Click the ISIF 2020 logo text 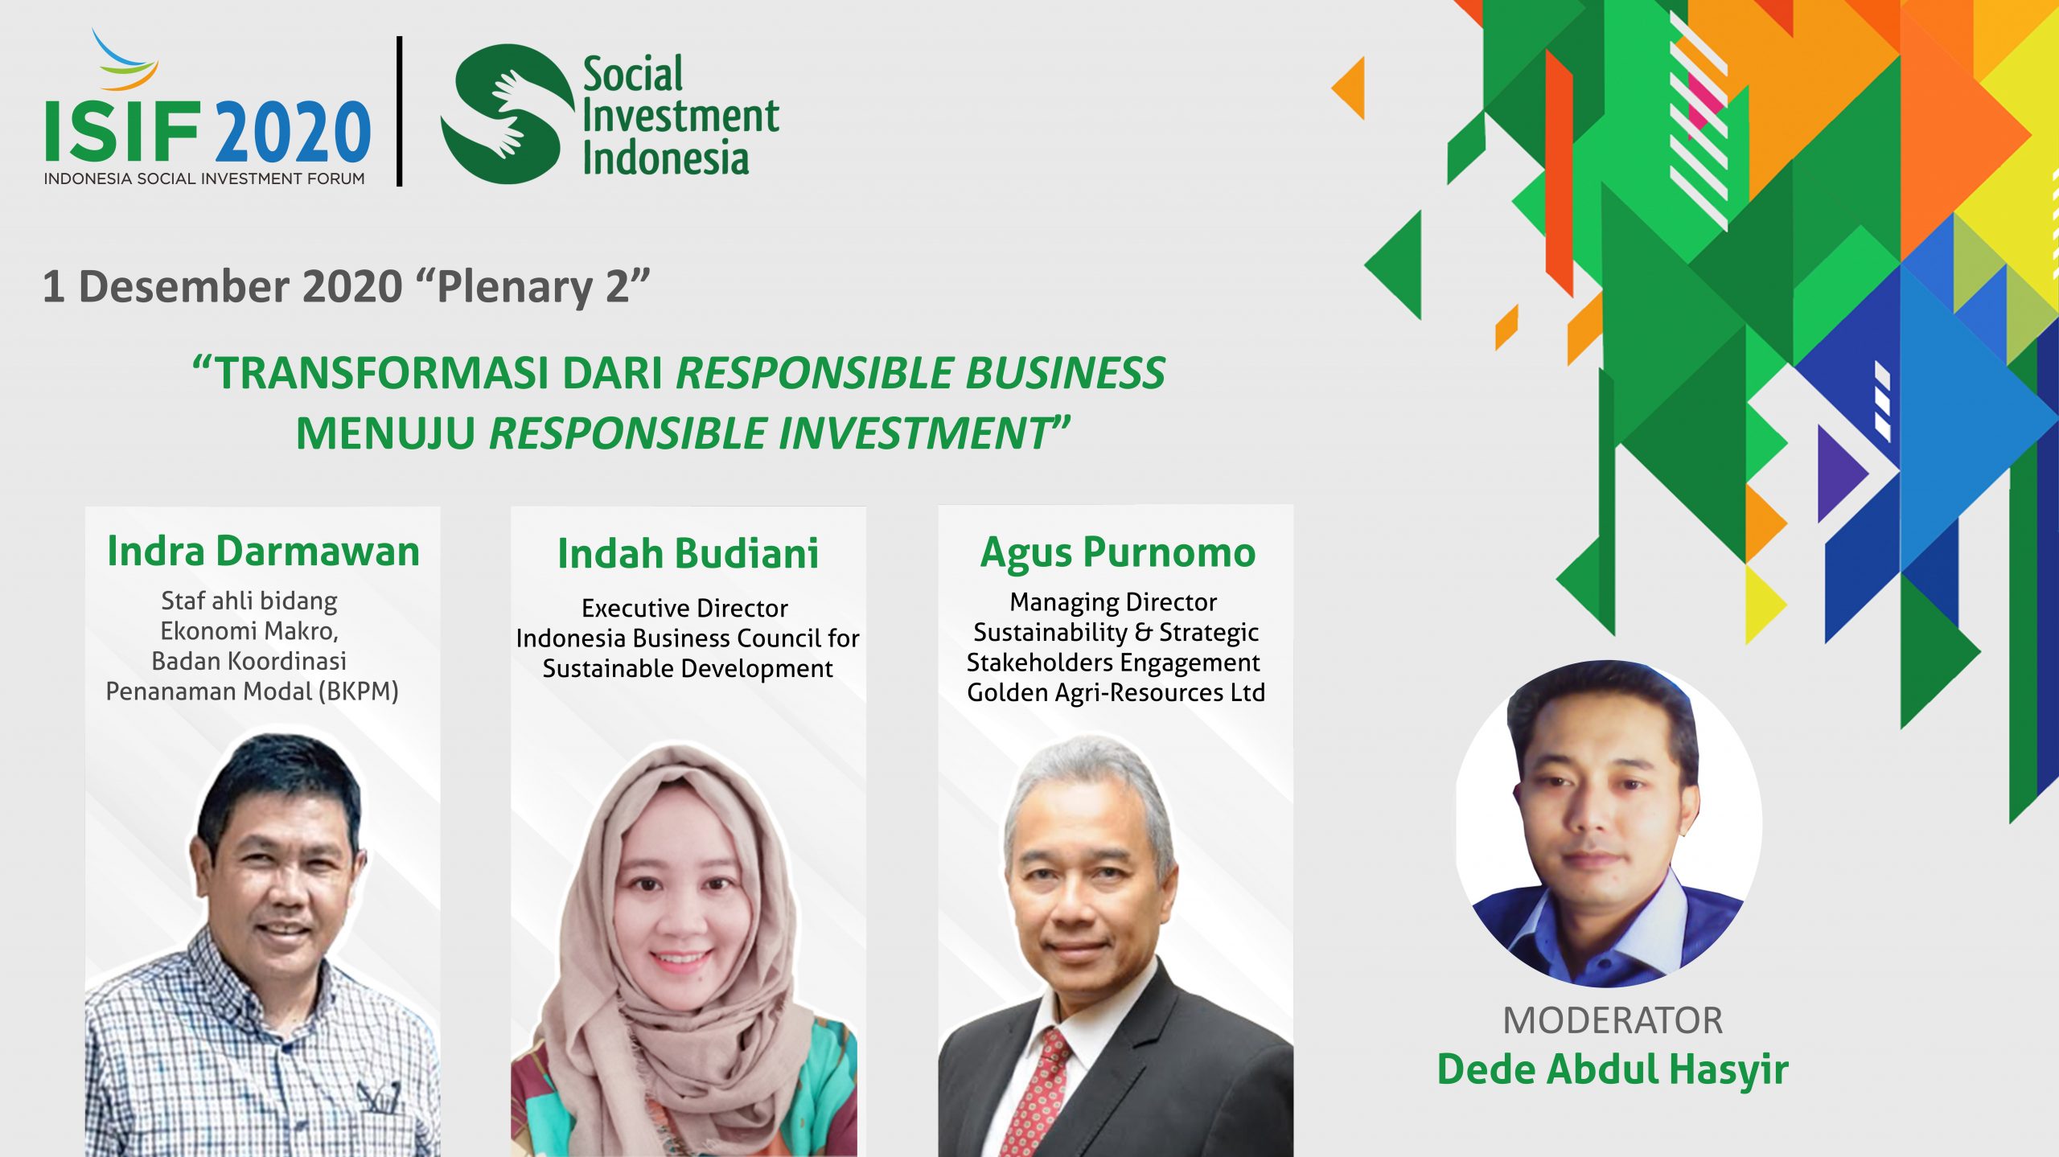208,131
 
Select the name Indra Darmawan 263,551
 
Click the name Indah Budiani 688,553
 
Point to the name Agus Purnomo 1118,554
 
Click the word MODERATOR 1613,1020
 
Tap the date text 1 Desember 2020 223,286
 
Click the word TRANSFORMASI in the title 381,374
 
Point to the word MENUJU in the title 386,434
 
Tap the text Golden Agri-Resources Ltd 1116,692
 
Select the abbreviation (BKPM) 359,691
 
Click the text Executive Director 684,608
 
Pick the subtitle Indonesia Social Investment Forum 204,178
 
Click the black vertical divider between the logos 399,112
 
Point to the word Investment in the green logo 680,116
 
